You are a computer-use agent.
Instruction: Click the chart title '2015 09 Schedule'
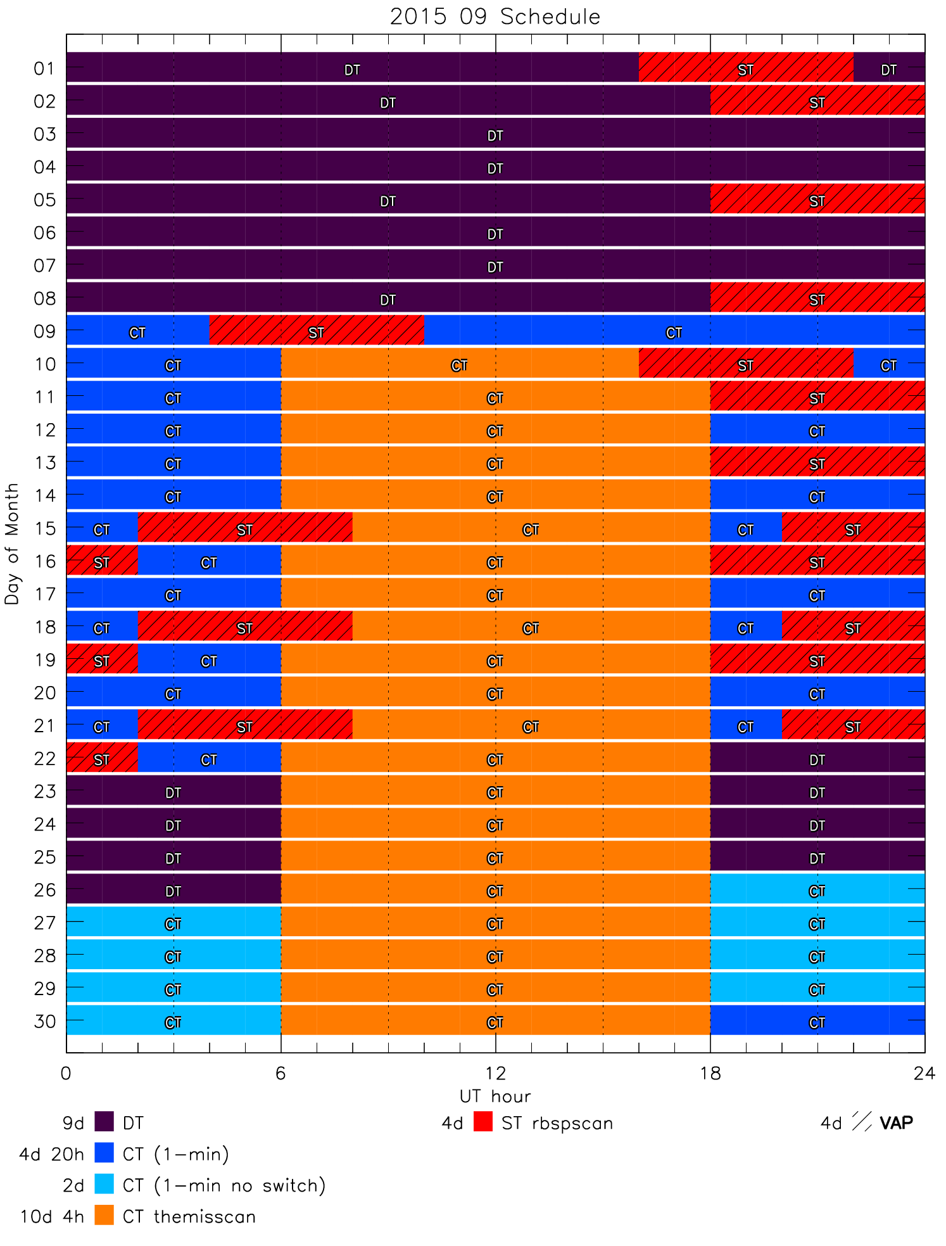[x=495, y=16]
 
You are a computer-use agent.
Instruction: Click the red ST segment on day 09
[x=317, y=330]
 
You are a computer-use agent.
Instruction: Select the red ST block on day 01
[x=746, y=67]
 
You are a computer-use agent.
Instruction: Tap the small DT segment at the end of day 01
[x=889, y=67]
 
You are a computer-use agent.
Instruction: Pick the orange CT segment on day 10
[x=460, y=363]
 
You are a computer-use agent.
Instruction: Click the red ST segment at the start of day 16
[x=102, y=560]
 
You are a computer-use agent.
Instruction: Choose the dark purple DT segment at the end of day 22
[x=817, y=757]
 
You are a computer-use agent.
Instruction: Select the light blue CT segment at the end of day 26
[x=817, y=889]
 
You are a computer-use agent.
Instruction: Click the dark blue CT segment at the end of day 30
[x=817, y=1020]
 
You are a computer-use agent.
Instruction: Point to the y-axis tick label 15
[x=45, y=528]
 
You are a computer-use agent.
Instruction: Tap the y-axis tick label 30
[x=45, y=1020]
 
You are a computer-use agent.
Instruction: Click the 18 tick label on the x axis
[x=710, y=1072]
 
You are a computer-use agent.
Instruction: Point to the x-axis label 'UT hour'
[x=495, y=1096]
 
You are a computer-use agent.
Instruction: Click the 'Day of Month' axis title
[x=12, y=544]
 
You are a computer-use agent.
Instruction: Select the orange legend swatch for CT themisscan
[x=104, y=1215]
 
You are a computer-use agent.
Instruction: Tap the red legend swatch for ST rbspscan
[x=483, y=1122]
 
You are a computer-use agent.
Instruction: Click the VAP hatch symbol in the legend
[x=862, y=1122]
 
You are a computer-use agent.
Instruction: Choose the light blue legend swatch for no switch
[x=104, y=1184]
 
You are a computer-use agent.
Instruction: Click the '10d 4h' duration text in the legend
[x=52, y=1216]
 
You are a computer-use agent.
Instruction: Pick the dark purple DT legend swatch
[x=104, y=1122]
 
